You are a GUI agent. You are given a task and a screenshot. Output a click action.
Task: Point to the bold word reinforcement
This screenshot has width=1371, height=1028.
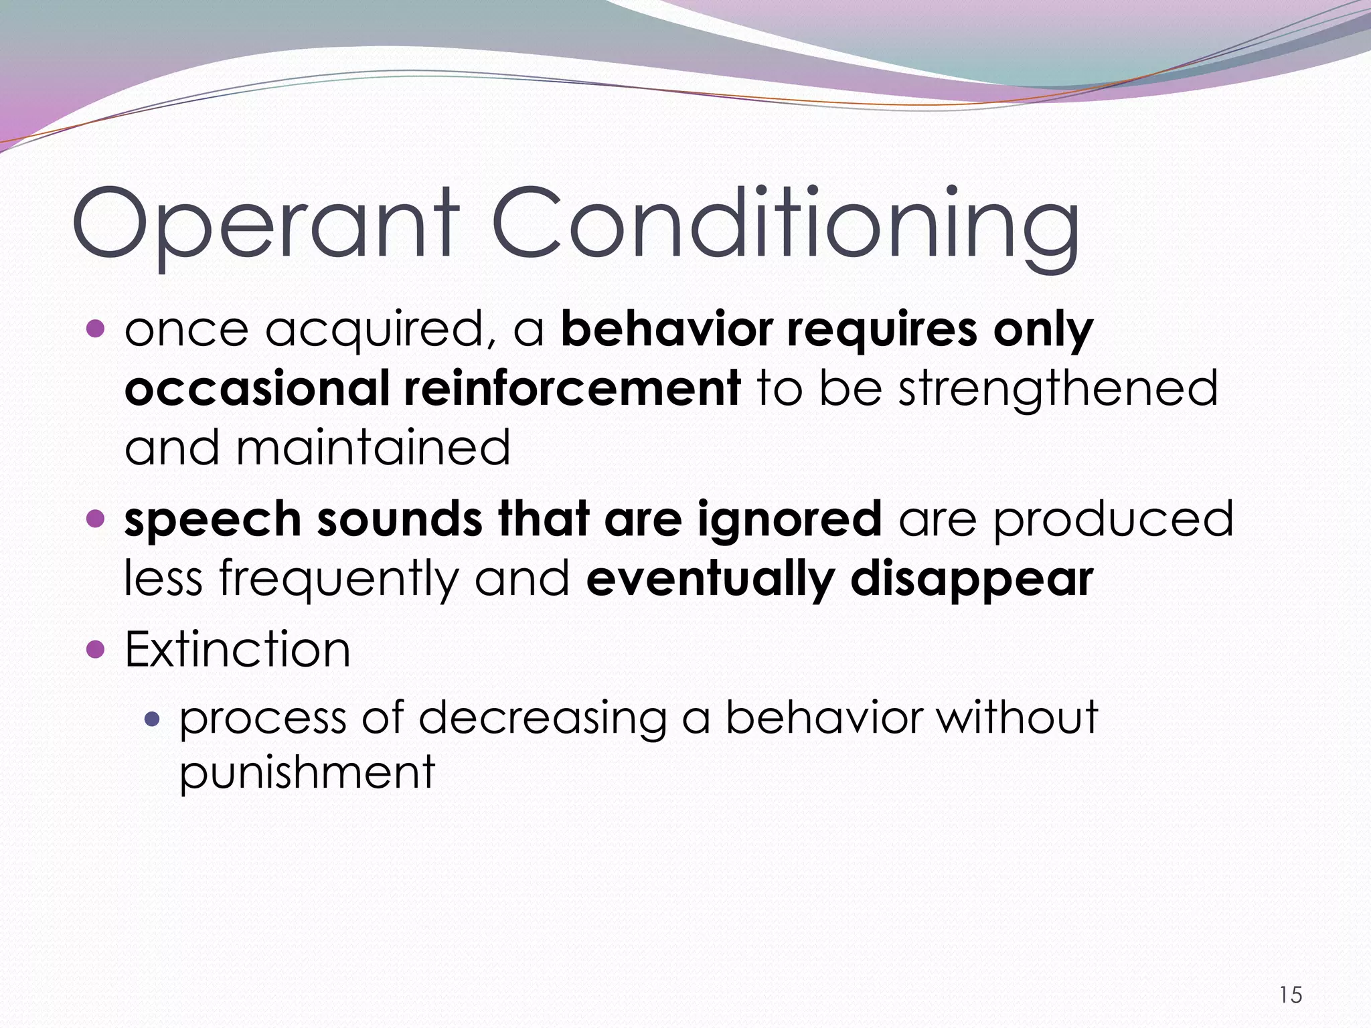click(x=572, y=388)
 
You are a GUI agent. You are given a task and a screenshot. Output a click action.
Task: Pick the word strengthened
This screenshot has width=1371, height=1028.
click(x=1058, y=388)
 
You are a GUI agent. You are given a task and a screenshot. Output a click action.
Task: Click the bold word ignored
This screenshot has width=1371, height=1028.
click(x=789, y=519)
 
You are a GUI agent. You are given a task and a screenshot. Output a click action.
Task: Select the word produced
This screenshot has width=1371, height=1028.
click(x=1113, y=519)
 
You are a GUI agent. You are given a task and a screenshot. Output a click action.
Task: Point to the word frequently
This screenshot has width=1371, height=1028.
click(x=339, y=578)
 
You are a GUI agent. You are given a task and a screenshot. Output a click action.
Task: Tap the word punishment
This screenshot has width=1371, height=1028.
click(x=307, y=773)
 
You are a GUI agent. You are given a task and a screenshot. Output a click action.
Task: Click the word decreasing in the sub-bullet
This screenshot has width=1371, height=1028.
click(x=542, y=718)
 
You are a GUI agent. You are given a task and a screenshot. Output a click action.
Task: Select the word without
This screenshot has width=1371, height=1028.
click(x=1017, y=718)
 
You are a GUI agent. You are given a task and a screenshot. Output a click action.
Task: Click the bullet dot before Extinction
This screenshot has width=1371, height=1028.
click(x=96, y=649)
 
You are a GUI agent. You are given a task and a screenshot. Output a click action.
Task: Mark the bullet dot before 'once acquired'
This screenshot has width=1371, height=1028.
click(x=96, y=329)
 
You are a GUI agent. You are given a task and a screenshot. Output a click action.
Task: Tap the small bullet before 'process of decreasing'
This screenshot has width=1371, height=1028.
click(x=153, y=719)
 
